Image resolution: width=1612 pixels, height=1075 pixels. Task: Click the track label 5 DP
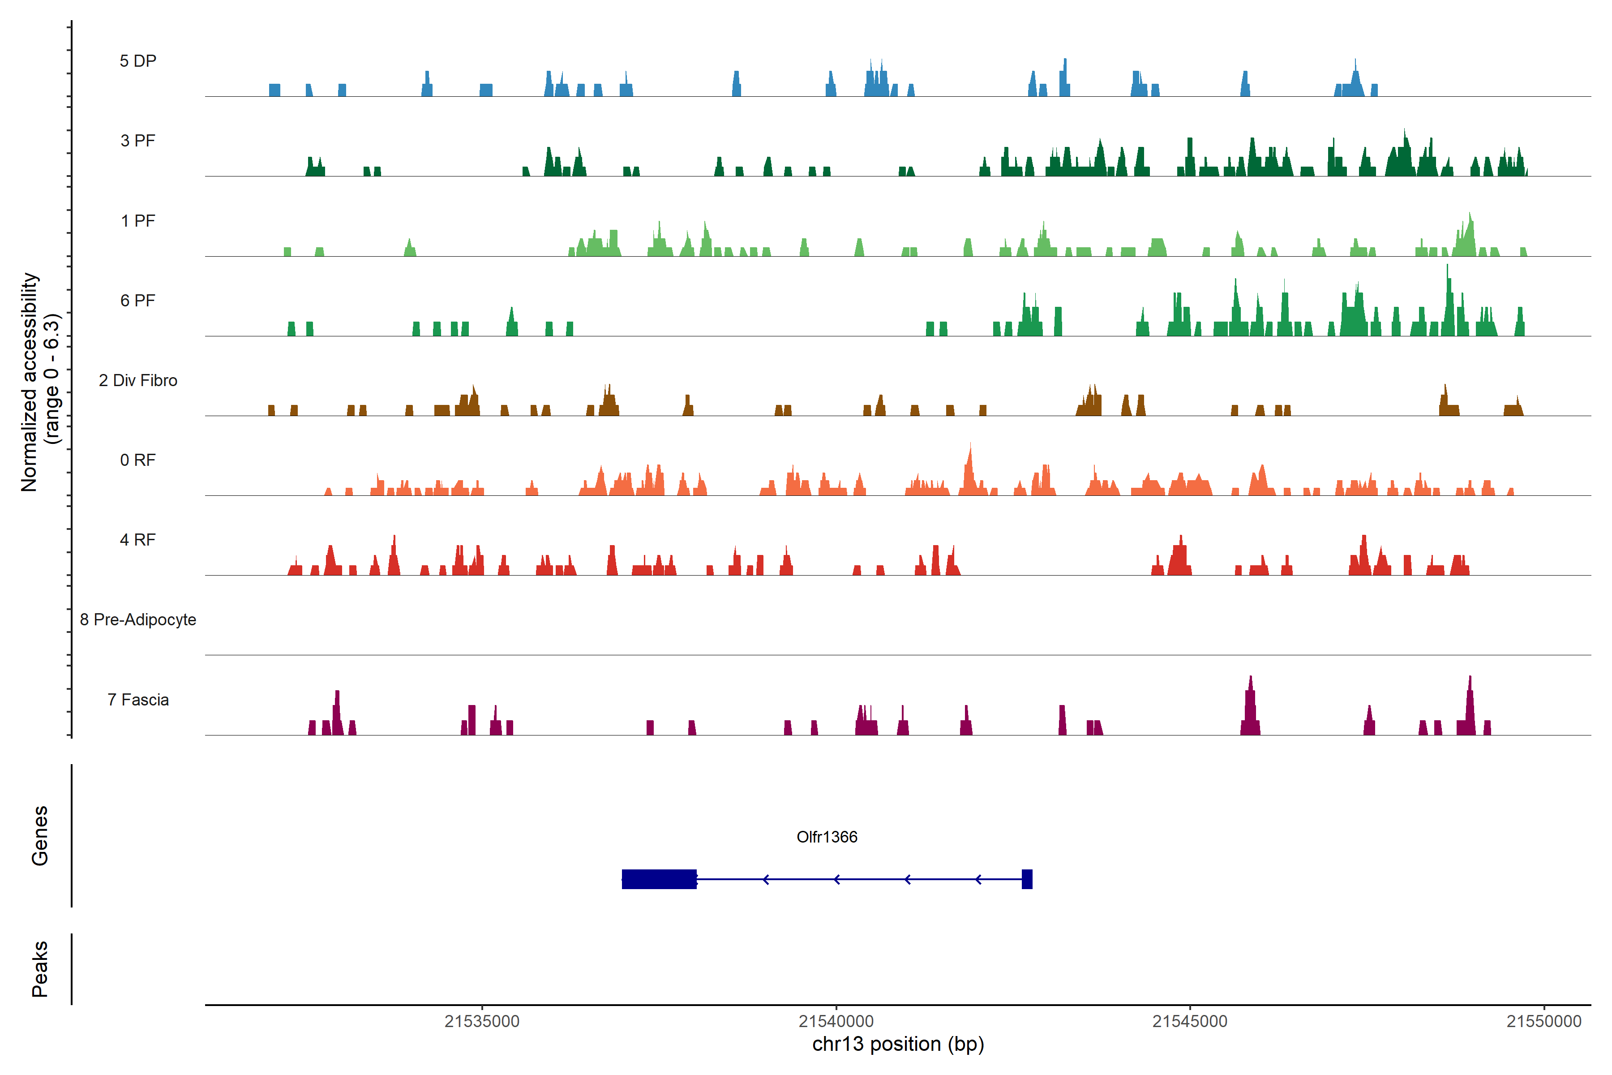click(x=138, y=61)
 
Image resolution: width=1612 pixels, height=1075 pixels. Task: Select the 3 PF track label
click(x=138, y=141)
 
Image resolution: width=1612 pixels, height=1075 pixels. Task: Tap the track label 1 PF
click(x=138, y=221)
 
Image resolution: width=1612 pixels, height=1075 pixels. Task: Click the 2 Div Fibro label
click(x=138, y=380)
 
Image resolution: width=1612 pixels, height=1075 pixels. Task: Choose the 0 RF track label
click(x=138, y=460)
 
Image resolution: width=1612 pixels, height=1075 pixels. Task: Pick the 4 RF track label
click(x=138, y=540)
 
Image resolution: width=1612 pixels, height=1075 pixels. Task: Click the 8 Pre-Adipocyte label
click(x=138, y=620)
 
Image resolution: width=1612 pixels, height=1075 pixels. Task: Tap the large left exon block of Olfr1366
click(x=659, y=879)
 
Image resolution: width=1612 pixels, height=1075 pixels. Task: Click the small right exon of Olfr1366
click(x=1027, y=879)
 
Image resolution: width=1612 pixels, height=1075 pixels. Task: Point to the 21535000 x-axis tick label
click(x=482, y=1022)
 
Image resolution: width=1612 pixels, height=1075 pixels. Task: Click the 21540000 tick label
click(x=836, y=1022)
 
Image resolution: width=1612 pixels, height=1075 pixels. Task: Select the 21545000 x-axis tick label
click(x=1190, y=1022)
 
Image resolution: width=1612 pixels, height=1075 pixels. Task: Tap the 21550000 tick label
click(x=1543, y=1022)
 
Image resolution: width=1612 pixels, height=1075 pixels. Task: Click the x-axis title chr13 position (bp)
click(x=898, y=1044)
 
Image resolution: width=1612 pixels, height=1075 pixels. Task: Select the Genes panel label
click(x=40, y=836)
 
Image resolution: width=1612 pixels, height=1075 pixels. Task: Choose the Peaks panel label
click(x=40, y=969)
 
